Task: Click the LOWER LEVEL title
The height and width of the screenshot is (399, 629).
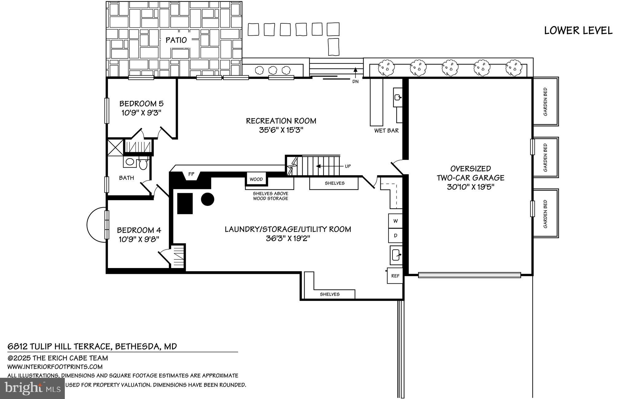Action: (578, 31)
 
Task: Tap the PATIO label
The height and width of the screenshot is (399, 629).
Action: (176, 40)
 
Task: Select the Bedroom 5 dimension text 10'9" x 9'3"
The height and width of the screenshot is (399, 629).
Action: (141, 113)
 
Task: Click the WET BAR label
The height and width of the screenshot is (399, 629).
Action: (386, 131)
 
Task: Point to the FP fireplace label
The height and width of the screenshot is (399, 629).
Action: (191, 174)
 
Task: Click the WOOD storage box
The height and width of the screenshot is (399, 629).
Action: (256, 179)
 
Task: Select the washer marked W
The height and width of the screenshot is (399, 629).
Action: (396, 221)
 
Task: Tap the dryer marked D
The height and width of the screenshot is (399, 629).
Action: (396, 235)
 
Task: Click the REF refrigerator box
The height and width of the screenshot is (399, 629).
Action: (395, 276)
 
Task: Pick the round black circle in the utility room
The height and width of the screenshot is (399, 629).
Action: (207, 199)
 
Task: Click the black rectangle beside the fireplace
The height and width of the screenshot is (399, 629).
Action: (185, 203)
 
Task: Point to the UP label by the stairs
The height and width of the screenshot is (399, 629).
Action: (347, 166)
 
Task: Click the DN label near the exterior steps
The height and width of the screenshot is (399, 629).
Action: (355, 82)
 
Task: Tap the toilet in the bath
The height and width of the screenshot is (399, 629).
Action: (143, 164)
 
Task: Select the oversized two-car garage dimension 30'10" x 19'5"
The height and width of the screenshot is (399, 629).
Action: (470, 187)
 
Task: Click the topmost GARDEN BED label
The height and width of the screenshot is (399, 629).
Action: (545, 102)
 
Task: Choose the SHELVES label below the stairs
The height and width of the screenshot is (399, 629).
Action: (334, 183)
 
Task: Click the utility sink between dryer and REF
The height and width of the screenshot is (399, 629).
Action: (396, 255)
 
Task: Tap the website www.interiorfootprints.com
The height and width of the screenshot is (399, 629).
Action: (55, 367)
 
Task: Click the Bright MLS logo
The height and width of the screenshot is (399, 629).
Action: (32, 388)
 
